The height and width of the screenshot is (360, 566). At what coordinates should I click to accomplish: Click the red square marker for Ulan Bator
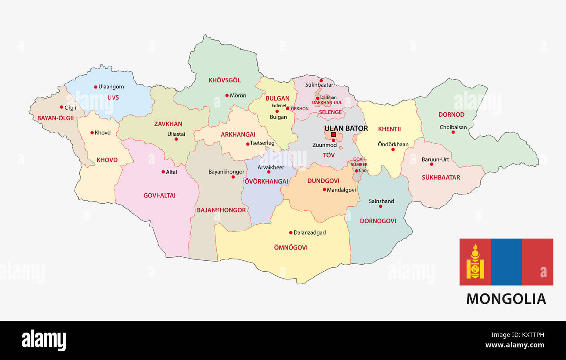coord(333,135)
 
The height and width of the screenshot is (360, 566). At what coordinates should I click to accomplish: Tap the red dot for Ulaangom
coord(96,87)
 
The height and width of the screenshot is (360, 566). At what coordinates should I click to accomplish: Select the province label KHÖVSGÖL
coord(224,80)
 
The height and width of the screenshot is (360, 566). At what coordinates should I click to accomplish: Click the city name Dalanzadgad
coord(310,232)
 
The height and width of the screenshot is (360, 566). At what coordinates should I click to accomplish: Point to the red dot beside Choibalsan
coord(453,132)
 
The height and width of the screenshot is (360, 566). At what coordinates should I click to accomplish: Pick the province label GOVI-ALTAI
coord(159,195)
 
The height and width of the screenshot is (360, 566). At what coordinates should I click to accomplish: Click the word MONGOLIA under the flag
coord(506,299)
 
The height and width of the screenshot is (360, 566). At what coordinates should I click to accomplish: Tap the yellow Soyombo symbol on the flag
coord(475,262)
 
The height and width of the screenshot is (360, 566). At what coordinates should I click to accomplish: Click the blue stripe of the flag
coord(506,262)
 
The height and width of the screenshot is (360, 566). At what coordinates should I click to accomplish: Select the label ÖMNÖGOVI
coord(291,247)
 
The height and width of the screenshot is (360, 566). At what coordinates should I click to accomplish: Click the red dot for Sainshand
coord(381,206)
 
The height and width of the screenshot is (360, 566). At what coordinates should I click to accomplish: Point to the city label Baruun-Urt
coord(435,159)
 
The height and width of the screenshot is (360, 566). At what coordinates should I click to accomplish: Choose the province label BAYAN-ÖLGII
coord(55,118)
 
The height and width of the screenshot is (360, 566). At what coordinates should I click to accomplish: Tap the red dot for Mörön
coord(227,95)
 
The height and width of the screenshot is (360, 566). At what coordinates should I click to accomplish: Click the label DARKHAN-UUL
coord(327,103)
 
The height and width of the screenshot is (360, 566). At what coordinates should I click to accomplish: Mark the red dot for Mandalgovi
coord(324,189)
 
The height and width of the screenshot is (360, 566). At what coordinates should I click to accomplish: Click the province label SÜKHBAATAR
coord(441,177)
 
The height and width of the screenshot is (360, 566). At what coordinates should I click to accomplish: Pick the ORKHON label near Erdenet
coord(300,109)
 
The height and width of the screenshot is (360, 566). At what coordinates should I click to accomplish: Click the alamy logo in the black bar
coord(44,340)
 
